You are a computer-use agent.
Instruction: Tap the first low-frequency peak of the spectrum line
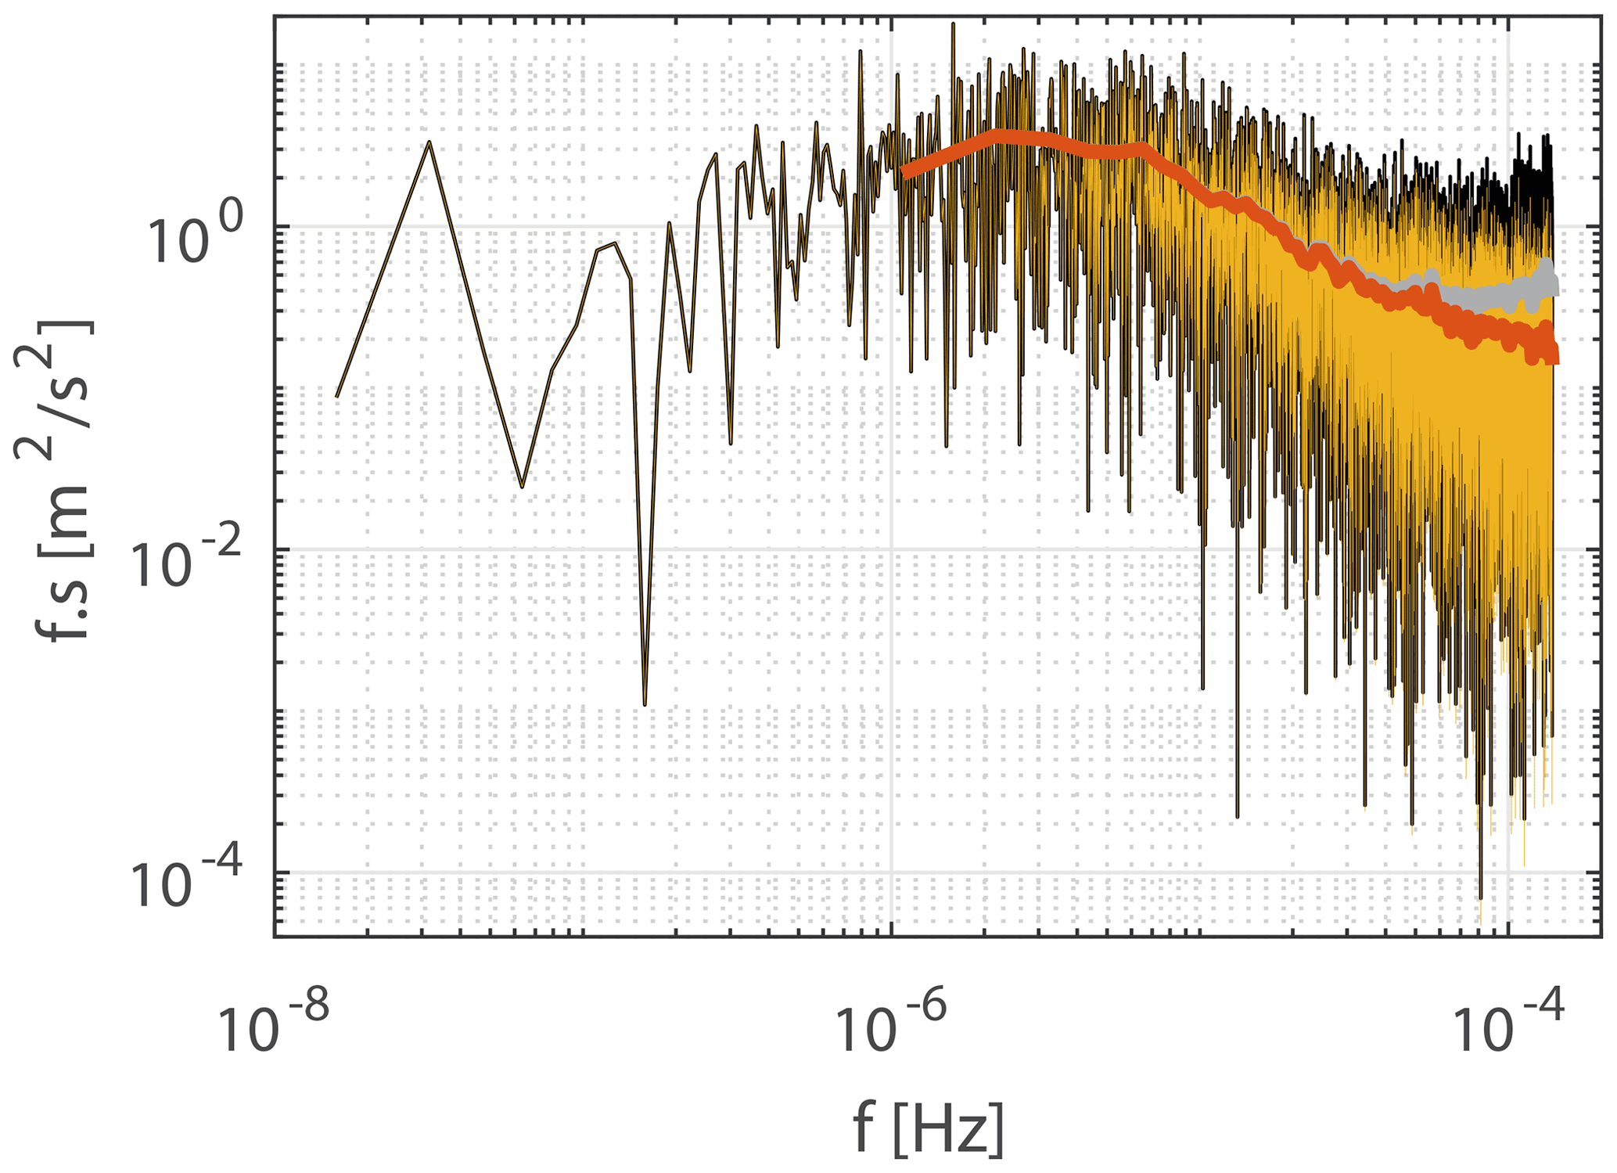429,143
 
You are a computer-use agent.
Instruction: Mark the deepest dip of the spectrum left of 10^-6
645,704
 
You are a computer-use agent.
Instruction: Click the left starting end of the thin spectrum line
337,396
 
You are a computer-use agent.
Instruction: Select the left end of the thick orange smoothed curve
905,173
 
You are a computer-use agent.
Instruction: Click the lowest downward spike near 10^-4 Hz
1480,900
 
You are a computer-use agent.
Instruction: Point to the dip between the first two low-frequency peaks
522,486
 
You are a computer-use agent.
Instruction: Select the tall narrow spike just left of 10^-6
861,52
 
